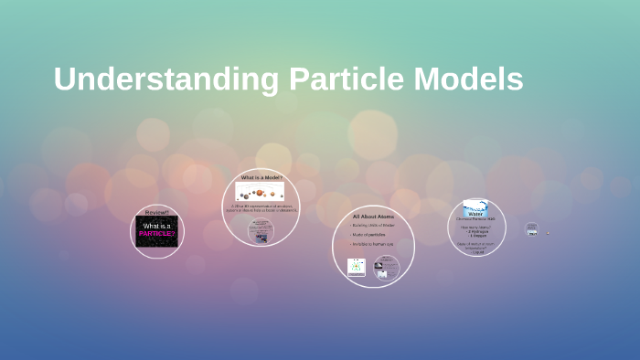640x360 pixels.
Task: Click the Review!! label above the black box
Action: [x=157, y=212]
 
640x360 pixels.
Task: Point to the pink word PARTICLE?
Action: [x=157, y=234]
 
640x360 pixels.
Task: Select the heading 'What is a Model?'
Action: [x=261, y=177]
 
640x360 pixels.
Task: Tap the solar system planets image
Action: [x=261, y=192]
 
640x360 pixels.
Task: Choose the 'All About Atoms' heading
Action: [x=373, y=217]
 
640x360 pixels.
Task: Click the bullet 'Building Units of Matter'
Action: [x=372, y=225]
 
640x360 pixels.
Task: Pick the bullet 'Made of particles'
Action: [x=369, y=235]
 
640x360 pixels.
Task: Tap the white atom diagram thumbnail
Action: [x=356, y=267]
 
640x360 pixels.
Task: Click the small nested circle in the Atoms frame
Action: [x=387, y=266]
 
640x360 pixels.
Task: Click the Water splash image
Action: [x=475, y=206]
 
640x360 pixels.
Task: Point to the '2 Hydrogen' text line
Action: [x=476, y=231]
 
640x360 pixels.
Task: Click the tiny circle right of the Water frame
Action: [x=532, y=229]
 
